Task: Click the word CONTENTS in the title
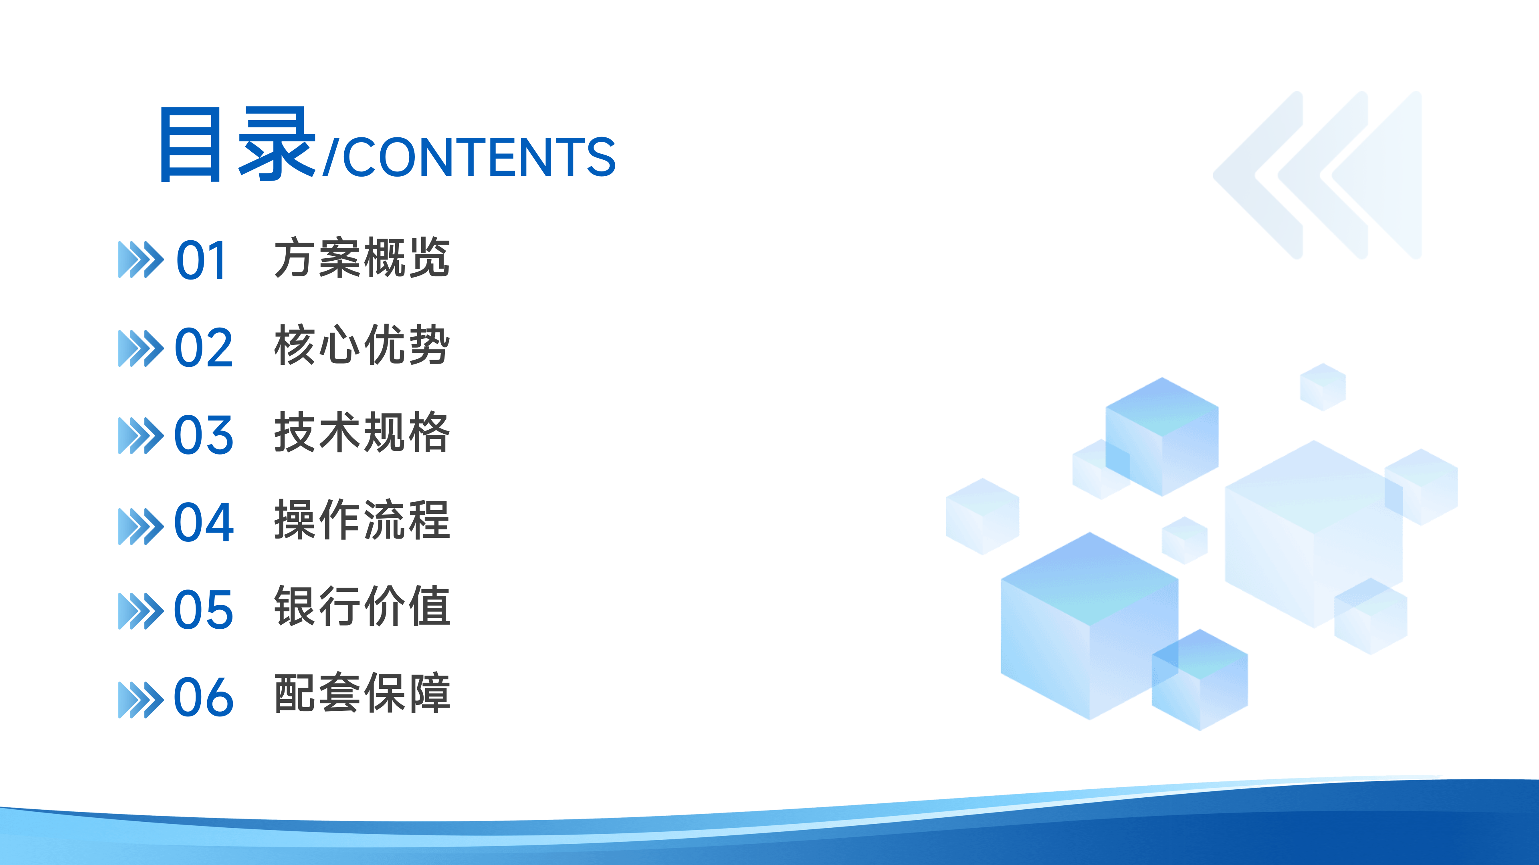[479, 157]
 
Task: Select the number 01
[201, 260]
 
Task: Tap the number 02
[203, 348]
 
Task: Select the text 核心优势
[362, 345]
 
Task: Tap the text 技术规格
[362, 432]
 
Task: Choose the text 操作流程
[362, 520]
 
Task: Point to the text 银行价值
[362, 607]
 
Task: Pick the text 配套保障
[362, 694]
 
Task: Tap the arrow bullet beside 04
[140, 526]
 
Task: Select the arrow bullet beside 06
[140, 700]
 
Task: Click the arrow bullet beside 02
[140, 348]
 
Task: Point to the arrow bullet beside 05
[140, 611]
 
